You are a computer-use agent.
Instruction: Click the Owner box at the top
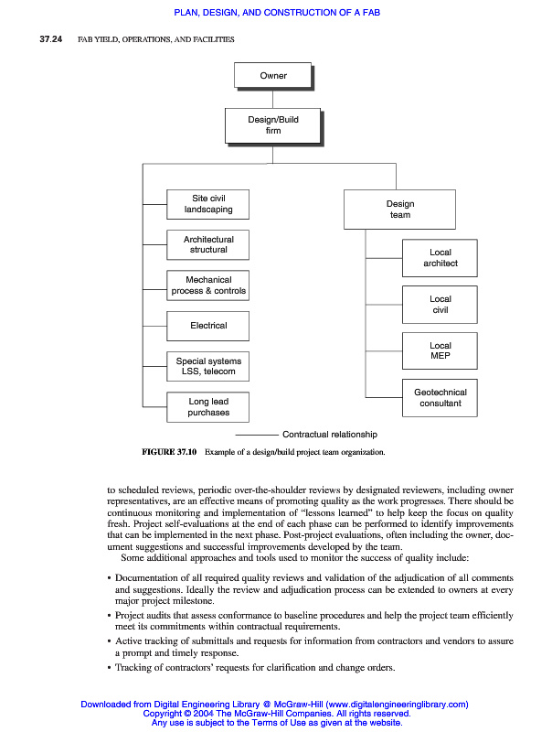click(x=273, y=76)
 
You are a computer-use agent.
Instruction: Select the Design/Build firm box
click(x=273, y=125)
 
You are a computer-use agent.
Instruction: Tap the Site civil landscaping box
click(x=208, y=204)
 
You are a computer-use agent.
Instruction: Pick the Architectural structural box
click(x=208, y=244)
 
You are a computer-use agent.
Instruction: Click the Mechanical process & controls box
click(x=208, y=285)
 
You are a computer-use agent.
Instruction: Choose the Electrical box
click(x=208, y=325)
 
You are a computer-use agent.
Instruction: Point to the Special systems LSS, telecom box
click(x=208, y=366)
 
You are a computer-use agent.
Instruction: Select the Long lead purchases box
click(x=208, y=406)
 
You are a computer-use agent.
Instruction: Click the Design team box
click(x=399, y=210)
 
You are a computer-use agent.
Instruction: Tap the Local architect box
click(x=440, y=258)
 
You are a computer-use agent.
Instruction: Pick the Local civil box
click(x=440, y=305)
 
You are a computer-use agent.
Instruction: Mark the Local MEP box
click(x=440, y=351)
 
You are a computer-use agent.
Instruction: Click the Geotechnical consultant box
click(x=440, y=397)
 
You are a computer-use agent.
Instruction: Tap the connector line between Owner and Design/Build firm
click(x=273, y=99)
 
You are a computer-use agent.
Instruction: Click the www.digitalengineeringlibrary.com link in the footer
click(x=392, y=705)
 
